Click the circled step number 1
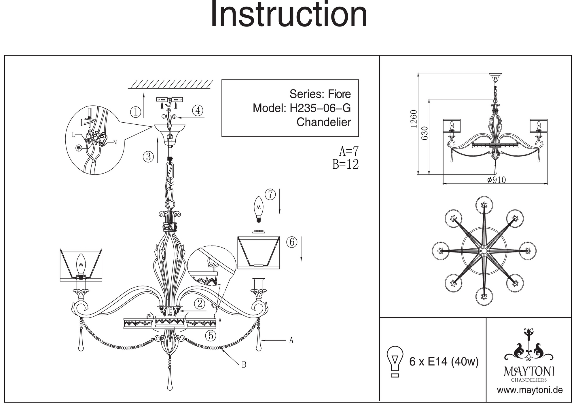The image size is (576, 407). click(x=136, y=112)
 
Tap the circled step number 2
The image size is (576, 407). click(x=199, y=303)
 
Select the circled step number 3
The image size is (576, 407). click(x=148, y=157)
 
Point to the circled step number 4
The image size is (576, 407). click(x=198, y=111)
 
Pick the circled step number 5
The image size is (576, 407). click(x=211, y=336)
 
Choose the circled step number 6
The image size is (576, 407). click(x=292, y=242)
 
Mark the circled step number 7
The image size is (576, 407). click(x=270, y=195)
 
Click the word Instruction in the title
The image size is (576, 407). click(x=289, y=14)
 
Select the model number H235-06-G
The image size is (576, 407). click(x=320, y=108)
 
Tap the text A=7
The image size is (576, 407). click(x=349, y=151)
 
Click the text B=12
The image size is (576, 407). click(x=346, y=164)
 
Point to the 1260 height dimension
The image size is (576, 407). click(x=414, y=119)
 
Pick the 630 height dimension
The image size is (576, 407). click(x=425, y=133)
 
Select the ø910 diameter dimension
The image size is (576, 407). click(x=496, y=180)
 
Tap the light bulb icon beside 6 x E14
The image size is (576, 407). click(x=395, y=361)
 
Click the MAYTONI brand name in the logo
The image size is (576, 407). click(x=529, y=372)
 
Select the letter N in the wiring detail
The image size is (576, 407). click(x=115, y=142)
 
